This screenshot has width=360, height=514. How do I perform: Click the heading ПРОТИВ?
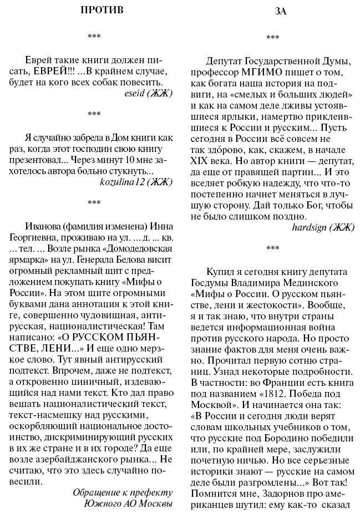click(x=102, y=10)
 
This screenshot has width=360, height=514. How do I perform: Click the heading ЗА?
click(x=281, y=11)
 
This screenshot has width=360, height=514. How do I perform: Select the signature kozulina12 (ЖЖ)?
click(x=136, y=181)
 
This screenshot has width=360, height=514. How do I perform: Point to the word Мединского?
click(x=319, y=283)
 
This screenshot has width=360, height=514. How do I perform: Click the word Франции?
click(x=264, y=382)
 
